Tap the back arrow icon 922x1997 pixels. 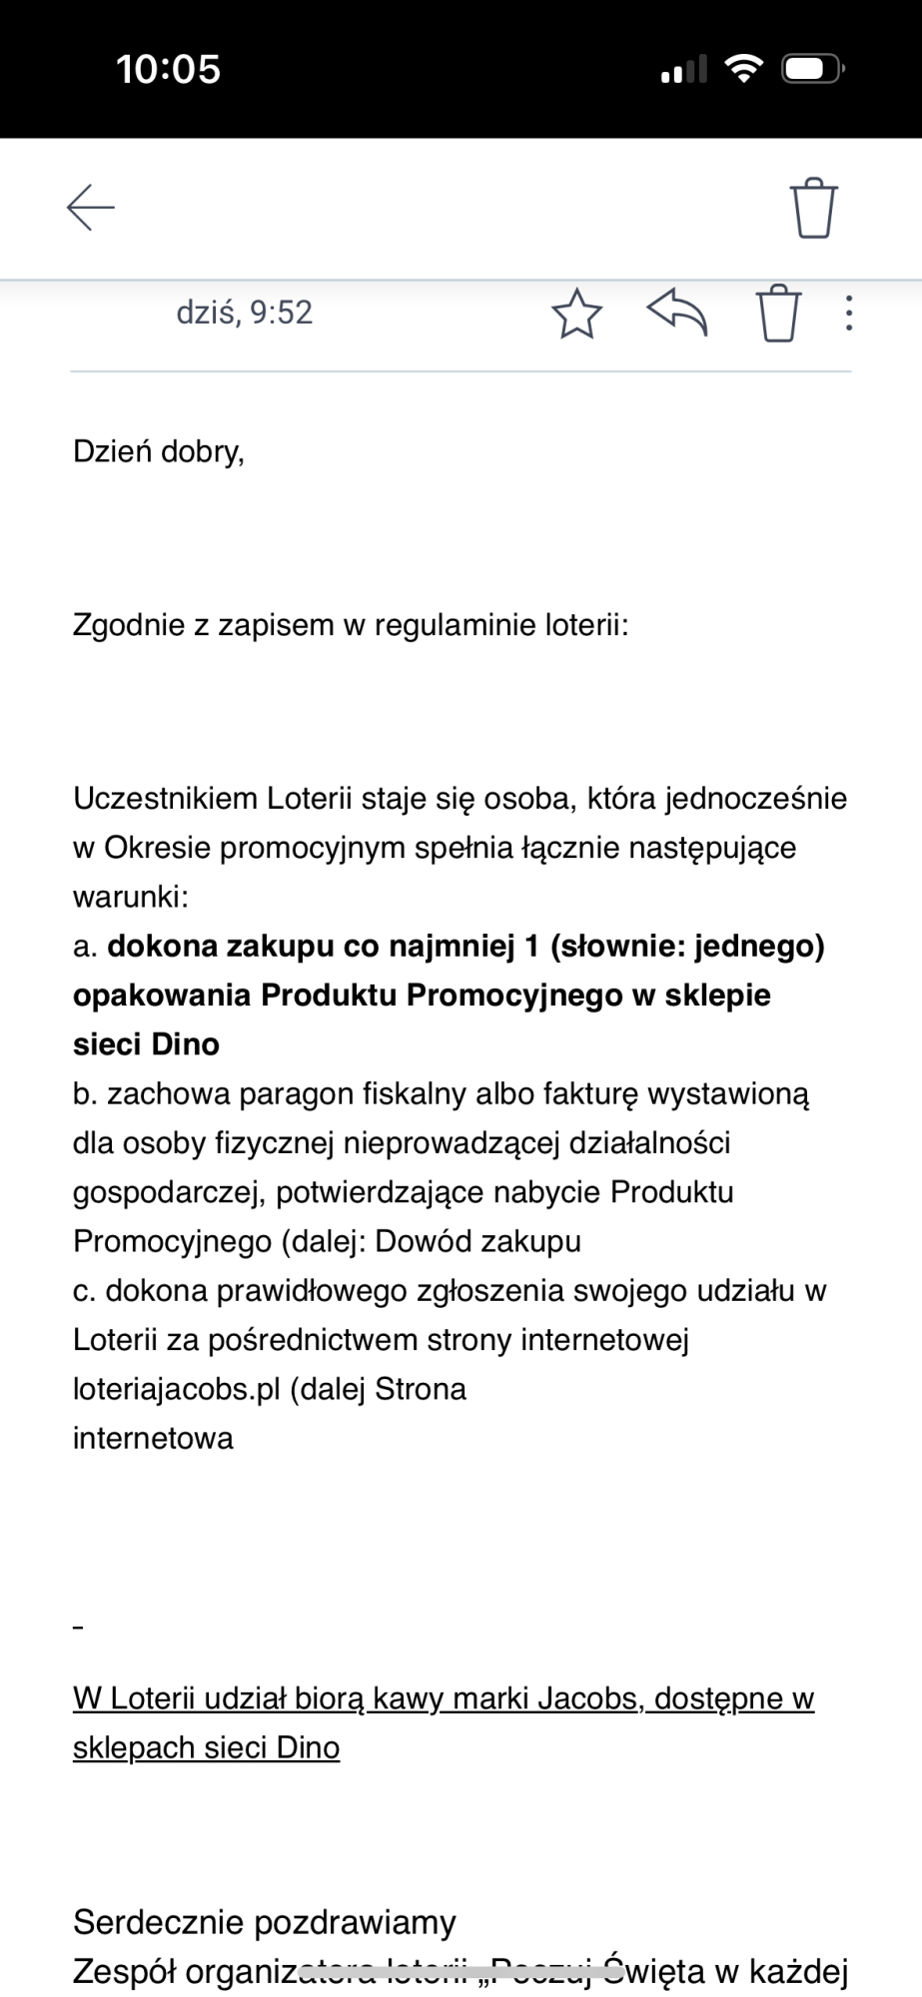coord(91,208)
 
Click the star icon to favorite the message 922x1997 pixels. coord(576,314)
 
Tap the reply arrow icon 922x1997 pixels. coord(677,314)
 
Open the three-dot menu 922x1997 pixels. coord(848,314)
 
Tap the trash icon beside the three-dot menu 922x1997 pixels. coord(779,314)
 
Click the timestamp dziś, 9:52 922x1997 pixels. coord(244,313)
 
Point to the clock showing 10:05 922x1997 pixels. coord(168,70)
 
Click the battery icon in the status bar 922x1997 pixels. coord(813,70)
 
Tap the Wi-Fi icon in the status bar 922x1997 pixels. coord(742,69)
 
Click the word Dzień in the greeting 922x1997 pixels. coord(112,451)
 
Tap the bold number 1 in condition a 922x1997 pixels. coord(531,946)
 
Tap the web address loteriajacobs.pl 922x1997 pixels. coord(177,1390)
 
